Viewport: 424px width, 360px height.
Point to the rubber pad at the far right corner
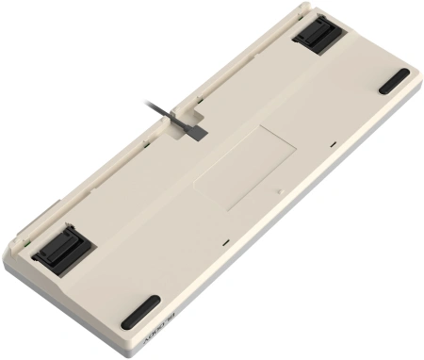pos(394,81)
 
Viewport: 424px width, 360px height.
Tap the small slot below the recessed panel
pos(225,244)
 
